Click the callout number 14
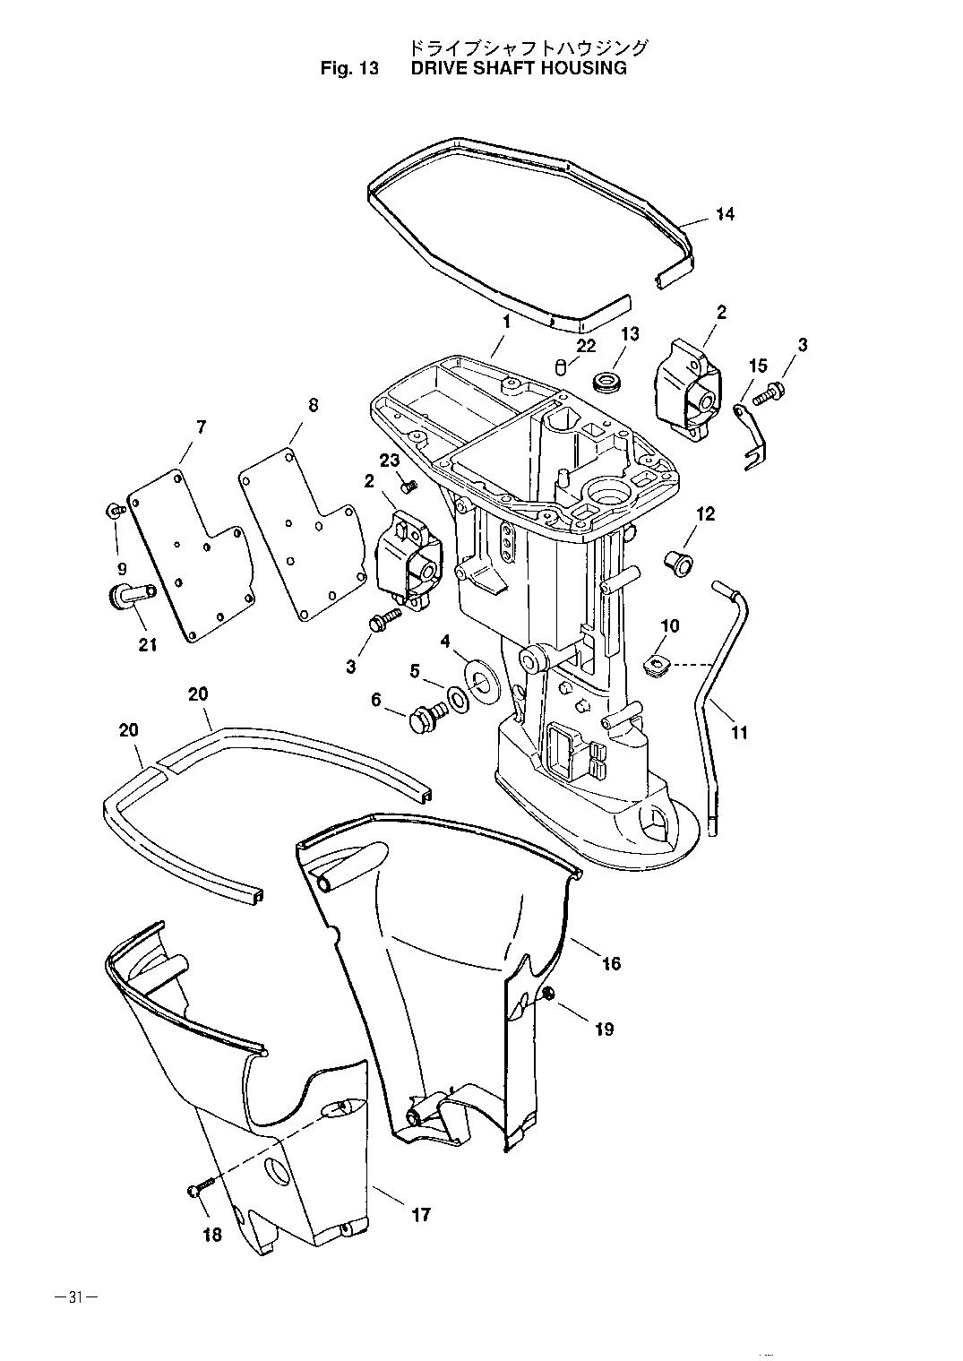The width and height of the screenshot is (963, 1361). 724,214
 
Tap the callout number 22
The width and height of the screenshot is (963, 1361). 586,346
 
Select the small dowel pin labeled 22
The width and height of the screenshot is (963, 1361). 562,367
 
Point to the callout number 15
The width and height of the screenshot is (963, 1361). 758,366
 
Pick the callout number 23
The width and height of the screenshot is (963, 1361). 390,461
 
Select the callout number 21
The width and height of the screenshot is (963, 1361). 148,644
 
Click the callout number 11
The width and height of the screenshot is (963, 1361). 738,733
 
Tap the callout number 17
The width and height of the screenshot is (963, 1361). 420,1214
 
